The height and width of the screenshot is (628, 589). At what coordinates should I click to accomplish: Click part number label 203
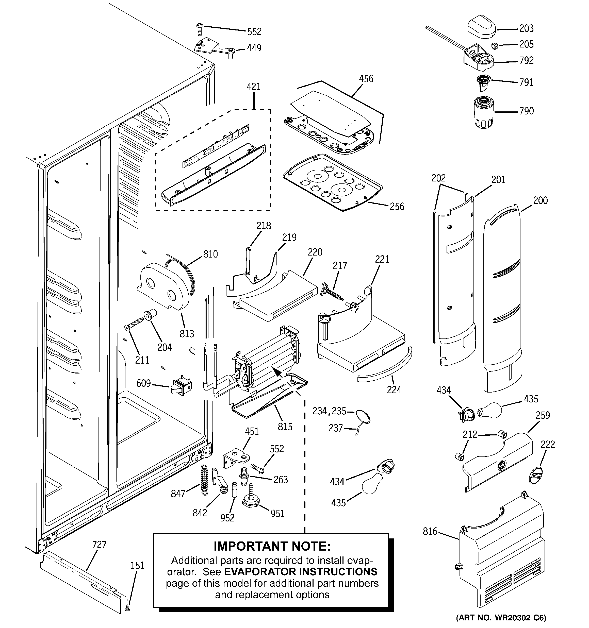(x=526, y=28)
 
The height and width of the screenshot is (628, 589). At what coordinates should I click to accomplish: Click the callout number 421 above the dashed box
(x=254, y=87)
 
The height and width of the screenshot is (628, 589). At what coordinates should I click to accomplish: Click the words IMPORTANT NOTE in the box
(x=272, y=546)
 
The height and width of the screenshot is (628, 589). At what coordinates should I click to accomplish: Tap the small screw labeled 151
(x=127, y=607)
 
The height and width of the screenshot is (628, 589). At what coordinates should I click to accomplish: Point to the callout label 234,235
(x=329, y=411)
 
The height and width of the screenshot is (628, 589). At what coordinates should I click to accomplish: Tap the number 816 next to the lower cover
(x=430, y=531)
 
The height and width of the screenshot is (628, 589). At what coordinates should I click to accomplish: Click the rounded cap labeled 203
(x=481, y=27)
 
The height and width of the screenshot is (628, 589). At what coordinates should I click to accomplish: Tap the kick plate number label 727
(x=99, y=545)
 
